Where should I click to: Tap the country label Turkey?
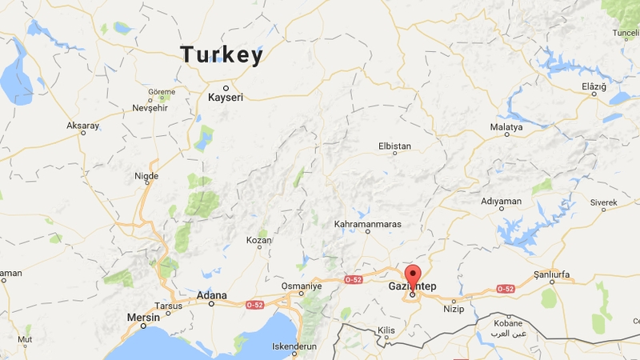tap(222, 55)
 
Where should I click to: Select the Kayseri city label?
tap(225, 98)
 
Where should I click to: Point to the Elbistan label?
tap(394, 146)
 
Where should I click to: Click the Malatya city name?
tap(506, 127)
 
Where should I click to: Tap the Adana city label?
tap(212, 295)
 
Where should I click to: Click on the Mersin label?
tap(144, 318)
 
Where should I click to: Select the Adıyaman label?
tap(501, 201)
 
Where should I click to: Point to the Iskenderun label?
tap(295, 346)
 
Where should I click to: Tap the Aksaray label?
tap(83, 126)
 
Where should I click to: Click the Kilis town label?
tap(387, 330)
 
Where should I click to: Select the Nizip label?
tap(454, 307)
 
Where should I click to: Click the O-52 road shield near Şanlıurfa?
tap(505, 289)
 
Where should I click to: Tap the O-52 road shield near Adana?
tap(254, 305)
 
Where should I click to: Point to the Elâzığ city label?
tap(594, 86)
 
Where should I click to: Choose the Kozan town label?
tap(258, 240)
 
